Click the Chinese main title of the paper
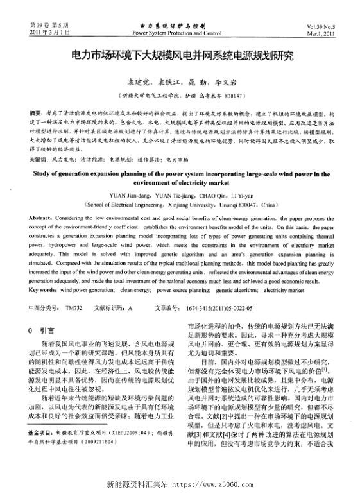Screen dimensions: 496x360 tap(180, 56)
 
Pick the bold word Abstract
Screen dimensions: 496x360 tap(42, 218)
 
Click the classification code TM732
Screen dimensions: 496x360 tap(74, 308)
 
